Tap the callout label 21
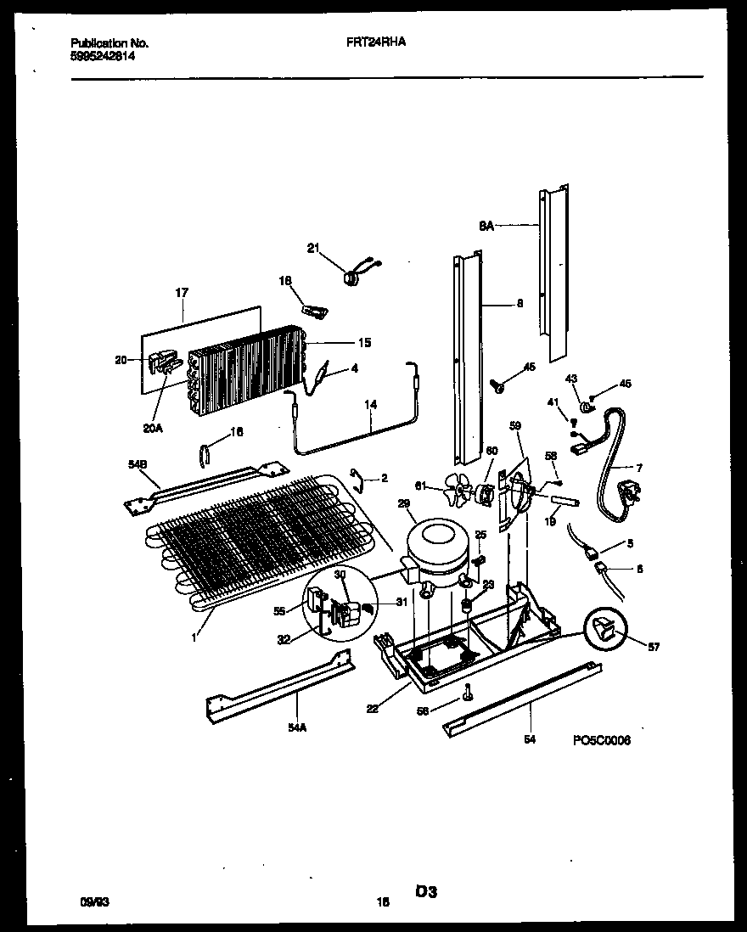(312, 248)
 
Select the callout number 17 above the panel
(182, 293)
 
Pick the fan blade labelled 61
(459, 491)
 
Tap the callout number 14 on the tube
(369, 405)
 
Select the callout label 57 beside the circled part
(652, 647)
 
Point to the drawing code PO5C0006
(601, 739)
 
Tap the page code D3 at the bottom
(425, 891)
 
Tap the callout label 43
(571, 379)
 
